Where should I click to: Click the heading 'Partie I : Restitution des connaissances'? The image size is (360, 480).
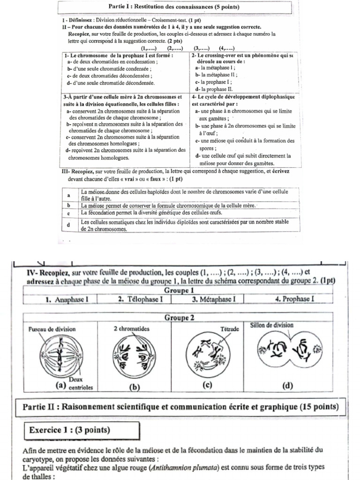tap(173, 7)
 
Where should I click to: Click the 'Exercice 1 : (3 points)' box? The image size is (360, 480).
tap(69, 430)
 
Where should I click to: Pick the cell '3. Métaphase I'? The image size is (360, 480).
tap(213, 299)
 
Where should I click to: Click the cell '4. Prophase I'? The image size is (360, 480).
tap(294, 299)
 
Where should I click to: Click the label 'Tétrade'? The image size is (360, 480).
tap(230, 330)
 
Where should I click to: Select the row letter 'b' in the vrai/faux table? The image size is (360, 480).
tap(68, 205)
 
